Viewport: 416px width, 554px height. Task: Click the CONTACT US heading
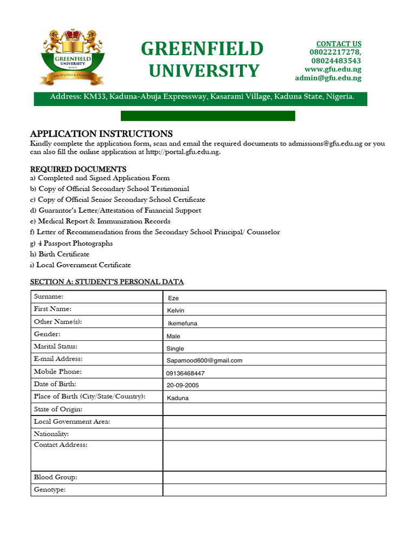(339, 44)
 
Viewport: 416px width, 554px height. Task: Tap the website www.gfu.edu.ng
(333, 69)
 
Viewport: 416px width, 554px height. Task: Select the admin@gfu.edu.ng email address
(328, 78)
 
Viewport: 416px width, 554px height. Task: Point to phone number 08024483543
(335, 61)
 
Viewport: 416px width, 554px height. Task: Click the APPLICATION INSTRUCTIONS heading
(101, 134)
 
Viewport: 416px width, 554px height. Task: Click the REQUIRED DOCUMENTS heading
(78, 169)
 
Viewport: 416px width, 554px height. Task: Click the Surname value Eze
(173, 298)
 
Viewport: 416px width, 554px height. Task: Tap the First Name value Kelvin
(175, 311)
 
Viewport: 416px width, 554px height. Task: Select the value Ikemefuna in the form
(183, 324)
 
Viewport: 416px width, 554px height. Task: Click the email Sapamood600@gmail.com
(204, 360)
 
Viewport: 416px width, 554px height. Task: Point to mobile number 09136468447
(185, 373)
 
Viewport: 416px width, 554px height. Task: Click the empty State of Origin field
(274, 410)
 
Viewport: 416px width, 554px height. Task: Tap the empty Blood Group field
(274, 478)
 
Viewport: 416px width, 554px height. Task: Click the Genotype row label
(50, 490)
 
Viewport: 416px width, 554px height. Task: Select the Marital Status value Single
(175, 348)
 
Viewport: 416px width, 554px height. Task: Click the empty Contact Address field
(274, 456)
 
